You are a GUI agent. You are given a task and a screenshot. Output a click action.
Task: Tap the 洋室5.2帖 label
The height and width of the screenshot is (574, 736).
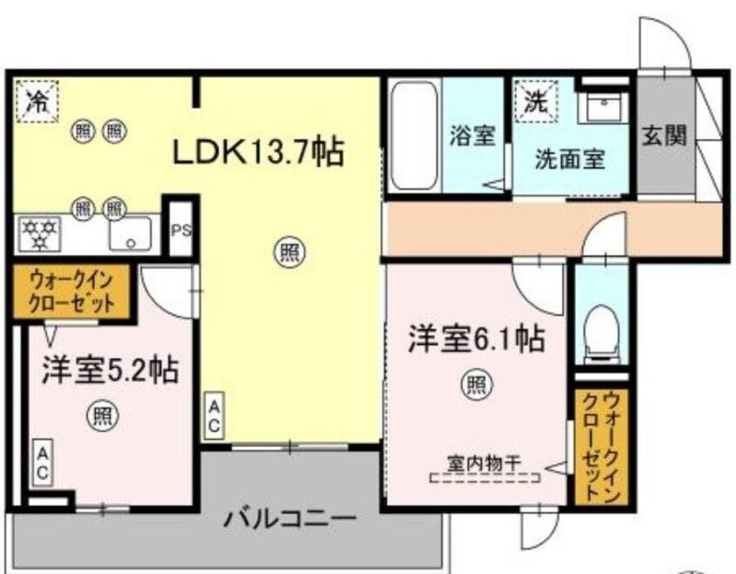(x=109, y=372)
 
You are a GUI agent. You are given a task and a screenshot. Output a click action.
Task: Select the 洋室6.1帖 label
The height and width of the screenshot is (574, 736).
(x=476, y=339)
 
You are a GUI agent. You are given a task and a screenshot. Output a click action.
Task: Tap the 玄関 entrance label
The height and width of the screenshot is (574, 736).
(x=666, y=135)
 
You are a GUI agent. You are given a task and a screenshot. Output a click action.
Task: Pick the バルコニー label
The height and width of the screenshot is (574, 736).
(x=290, y=519)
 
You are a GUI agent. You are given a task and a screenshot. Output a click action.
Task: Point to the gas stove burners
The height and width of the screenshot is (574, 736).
(x=40, y=231)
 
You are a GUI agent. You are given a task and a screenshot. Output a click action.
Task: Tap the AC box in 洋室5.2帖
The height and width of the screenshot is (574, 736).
(x=41, y=462)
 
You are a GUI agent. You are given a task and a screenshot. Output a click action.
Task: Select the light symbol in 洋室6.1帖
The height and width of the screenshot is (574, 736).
(x=476, y=383)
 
